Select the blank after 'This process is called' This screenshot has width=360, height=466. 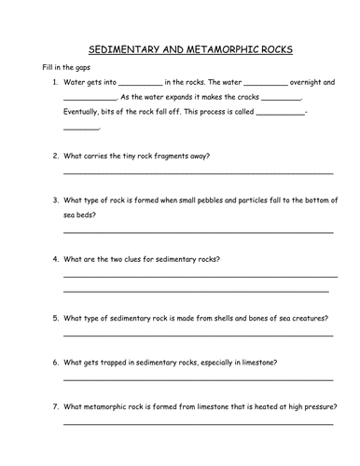tap(279, 114)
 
